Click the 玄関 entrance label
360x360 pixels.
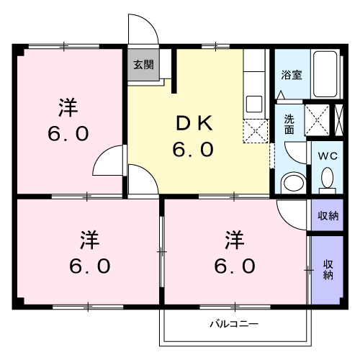[x=143, y=63]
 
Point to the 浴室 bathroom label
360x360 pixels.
[x=291, y=74]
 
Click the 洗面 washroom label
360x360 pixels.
[x=289, y=124]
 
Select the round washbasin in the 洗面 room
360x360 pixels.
[x=292, y=181]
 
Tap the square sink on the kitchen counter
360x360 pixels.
[x=254, y=104]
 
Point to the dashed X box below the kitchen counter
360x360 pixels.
[x=256, y=132]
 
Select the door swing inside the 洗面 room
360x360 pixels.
[x=296, y=153]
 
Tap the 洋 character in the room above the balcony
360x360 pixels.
[x=233, y=237]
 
